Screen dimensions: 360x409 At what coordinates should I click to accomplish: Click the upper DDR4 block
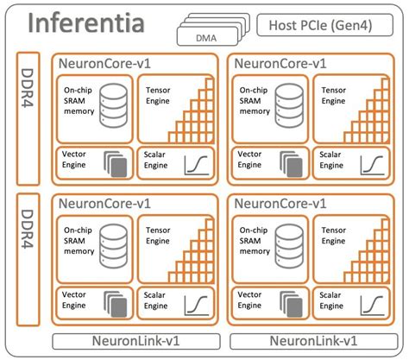(28, 117)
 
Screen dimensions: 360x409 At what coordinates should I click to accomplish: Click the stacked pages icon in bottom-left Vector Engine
(114, 302)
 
